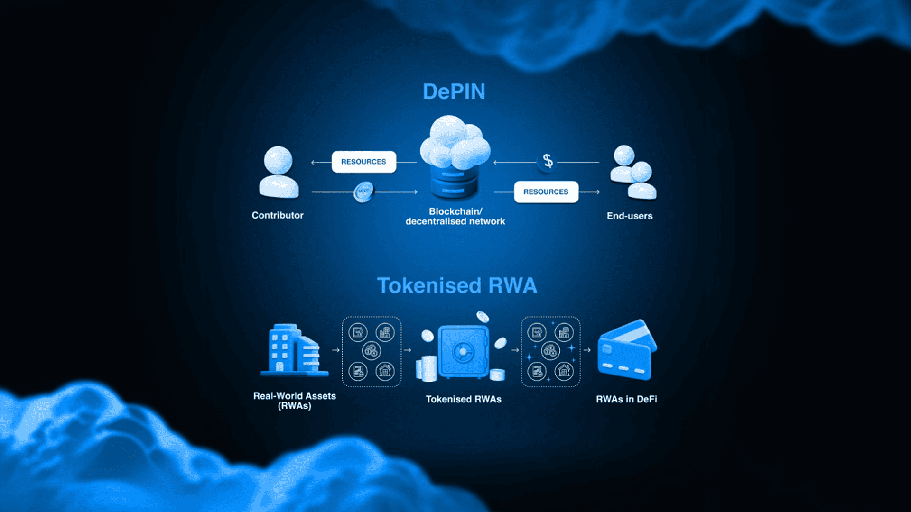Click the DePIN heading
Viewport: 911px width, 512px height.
(454, 91)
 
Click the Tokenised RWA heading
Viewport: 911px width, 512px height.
(457, 285)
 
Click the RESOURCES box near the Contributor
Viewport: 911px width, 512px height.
(364, 162)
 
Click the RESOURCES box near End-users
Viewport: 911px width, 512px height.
(546, 192)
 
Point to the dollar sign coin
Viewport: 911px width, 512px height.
(548, 161)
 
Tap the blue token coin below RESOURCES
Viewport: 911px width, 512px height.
(364, 192)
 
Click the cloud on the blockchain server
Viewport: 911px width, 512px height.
(455, 142)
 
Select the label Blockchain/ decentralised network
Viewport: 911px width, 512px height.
(455, 216)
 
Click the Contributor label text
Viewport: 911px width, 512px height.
(278, 215)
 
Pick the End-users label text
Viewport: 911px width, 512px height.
(630, 216)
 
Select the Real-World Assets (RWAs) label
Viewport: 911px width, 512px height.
(295, 401)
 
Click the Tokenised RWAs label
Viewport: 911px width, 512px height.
(464, 399)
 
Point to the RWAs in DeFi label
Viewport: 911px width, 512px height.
(627, 399)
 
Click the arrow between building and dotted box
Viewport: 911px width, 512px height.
(335, 350)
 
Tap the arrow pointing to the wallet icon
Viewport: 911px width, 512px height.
(587, 350)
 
